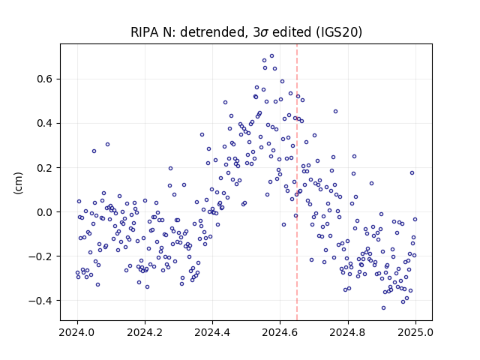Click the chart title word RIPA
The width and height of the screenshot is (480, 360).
142,32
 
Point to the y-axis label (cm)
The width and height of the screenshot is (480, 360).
18,183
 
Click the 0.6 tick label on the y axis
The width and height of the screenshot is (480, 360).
45,79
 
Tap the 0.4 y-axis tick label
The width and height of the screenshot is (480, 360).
45,123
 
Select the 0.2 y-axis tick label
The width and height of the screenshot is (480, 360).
45,168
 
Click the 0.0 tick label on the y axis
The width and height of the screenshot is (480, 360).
45,211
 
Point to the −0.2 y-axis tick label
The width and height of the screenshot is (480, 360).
40,256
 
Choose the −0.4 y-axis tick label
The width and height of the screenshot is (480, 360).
40,301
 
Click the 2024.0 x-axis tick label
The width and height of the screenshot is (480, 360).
77,332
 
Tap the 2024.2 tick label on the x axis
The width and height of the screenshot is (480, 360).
145,332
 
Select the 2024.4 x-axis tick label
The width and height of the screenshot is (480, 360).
212,332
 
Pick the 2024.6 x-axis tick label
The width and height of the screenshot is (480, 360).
280,332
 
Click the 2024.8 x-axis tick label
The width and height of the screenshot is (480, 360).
348,332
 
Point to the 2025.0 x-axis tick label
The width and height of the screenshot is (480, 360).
415,332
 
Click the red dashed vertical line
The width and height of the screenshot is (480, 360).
297,182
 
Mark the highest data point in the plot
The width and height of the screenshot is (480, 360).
271,56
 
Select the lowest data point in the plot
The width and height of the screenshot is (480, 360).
383,308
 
